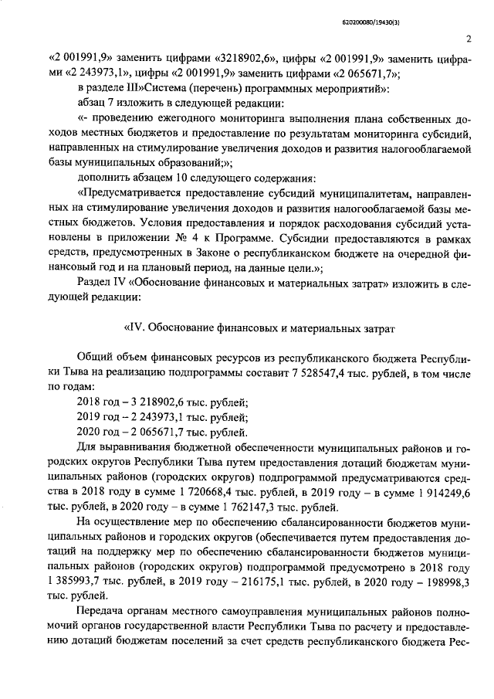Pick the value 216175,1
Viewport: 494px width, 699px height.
point(265,579)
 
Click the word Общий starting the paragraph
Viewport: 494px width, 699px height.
point(96,359)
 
